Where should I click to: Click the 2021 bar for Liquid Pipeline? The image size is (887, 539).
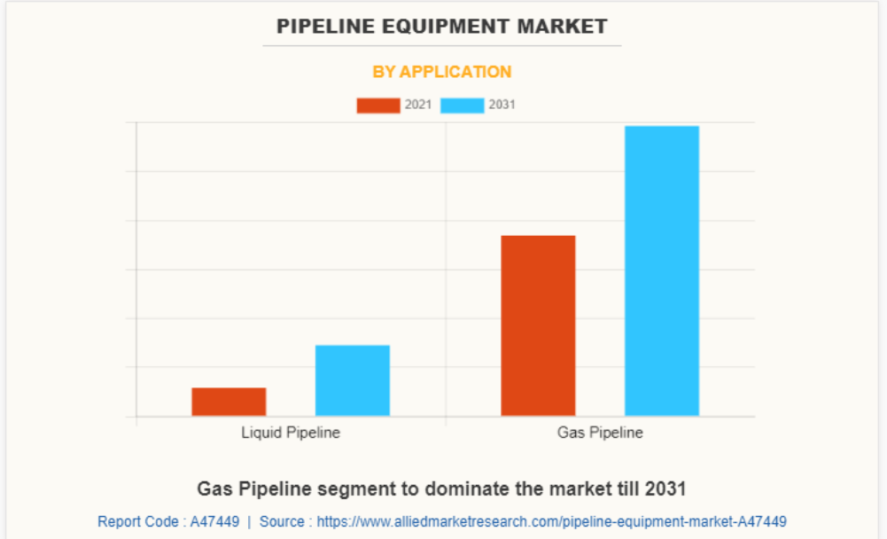point(229,402)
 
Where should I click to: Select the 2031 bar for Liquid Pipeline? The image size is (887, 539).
point(353,380)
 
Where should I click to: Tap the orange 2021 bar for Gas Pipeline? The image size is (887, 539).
point(538,325)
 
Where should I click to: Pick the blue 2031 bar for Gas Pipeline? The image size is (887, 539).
point(662,270)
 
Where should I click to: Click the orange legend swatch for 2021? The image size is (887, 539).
point(378,105)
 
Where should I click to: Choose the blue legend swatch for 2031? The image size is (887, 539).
point(462,105)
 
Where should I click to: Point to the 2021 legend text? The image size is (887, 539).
point(418,105)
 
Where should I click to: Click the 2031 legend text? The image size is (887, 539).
point(502,105)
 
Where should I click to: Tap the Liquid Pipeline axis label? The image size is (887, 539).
point(291,433)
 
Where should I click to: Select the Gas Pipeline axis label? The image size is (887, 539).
point(600,433)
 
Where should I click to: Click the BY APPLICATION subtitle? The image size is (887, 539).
point(442,72)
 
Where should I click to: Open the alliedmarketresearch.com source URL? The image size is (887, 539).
point(551,521)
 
